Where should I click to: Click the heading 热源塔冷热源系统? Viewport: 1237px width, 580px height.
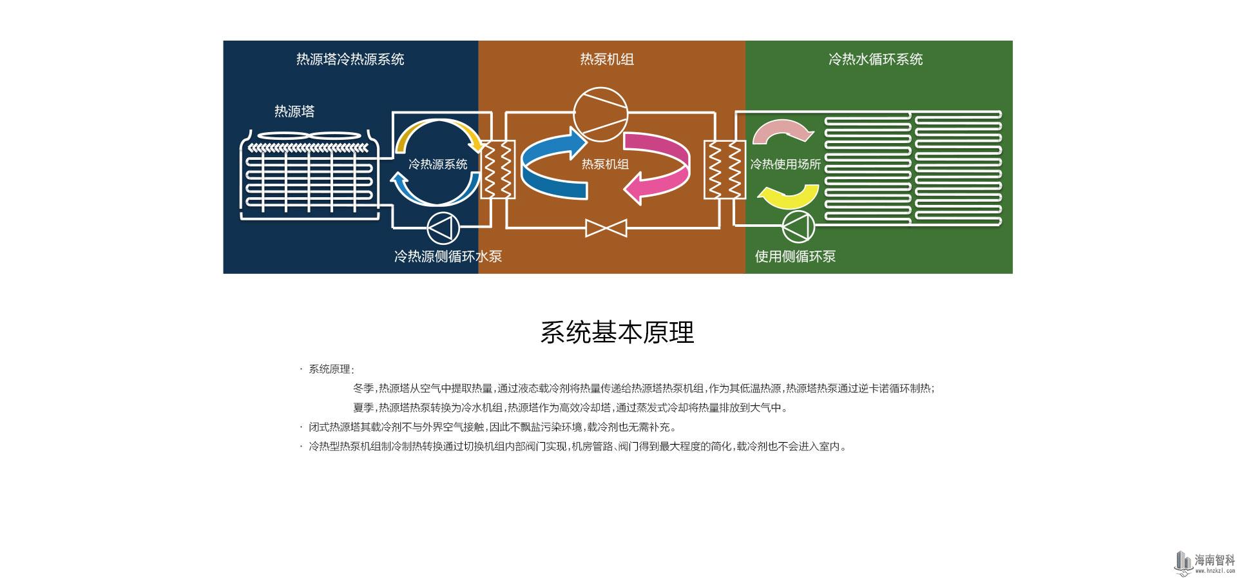350,59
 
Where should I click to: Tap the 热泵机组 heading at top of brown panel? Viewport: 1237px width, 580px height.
607,59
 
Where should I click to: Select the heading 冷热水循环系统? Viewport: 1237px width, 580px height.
876,59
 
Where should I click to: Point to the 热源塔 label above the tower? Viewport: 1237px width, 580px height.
294,111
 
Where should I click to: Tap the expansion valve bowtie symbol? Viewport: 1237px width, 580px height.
606,227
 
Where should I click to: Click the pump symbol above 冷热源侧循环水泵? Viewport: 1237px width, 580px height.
444,227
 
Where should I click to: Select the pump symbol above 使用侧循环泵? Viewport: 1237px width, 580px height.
798,227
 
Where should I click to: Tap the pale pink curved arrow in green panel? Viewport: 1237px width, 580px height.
783,131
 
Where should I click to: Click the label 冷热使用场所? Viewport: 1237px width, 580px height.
785,164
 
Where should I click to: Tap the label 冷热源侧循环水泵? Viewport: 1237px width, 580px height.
448,256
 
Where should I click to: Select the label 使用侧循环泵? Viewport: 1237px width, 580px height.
795,256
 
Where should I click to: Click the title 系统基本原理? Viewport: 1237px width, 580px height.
617,332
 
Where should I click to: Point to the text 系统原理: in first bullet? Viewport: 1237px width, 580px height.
331,369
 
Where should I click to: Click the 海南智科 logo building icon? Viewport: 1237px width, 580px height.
1183,561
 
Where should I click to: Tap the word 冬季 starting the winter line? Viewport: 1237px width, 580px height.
363,389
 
